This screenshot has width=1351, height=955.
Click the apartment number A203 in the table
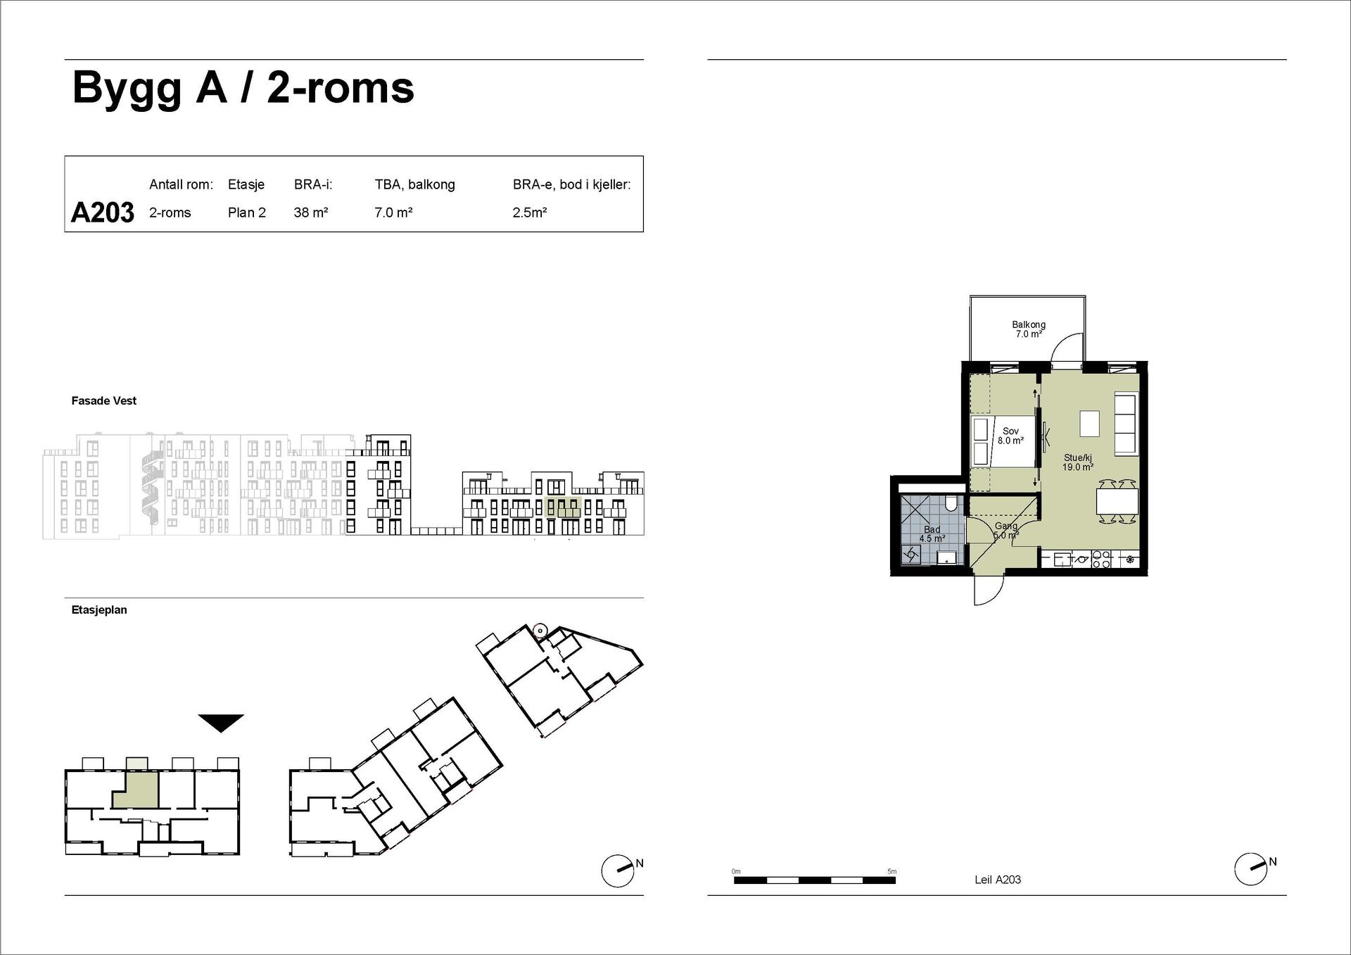pyautogui.click(x=103, y=213)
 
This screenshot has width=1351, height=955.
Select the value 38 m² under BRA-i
pyautogui.click(x=311, y=213)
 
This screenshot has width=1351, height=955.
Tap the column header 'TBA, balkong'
pyautogui.click(x=414, y=185)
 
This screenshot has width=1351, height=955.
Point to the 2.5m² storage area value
pyautogui.click(x=530, y=213)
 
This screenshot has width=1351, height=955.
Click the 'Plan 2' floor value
pyautogui.click(x=247, y=213)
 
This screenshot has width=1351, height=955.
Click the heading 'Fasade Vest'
pyautogui.click(x=104, y=401)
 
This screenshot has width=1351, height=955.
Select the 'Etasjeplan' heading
pyautogui.click(x=99, y=610)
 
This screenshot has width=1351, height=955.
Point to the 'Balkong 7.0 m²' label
pyautogui.click(x=1029, y=329)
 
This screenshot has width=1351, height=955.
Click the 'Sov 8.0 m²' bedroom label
pyautogui.click(x=1010, y=436)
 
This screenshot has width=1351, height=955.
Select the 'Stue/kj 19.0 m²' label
pyautogui.click(x=1078, y=462)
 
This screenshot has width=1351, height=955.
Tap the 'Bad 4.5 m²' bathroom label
pyautogui.click(x=932, y=534)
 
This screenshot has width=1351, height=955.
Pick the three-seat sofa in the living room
pyautogui.click(x=1126, y=424)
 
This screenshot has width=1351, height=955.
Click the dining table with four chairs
pyautogui.click(x=1117, y=501)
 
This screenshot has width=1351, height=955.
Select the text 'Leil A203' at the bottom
pyautogui.click(x=998, y=880)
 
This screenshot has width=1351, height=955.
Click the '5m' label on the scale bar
pyautogui.click(x=892, y=871)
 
